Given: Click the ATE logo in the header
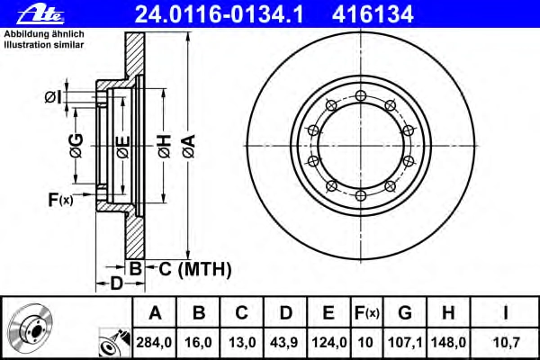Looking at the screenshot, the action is click(x=40, y=14).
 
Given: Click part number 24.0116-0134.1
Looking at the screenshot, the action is click(x=220, y=14).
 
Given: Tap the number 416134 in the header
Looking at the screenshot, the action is click(x=373, y=14).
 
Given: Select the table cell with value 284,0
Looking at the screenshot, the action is click(x=154, y=342).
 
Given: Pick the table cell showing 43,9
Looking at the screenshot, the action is click(x=284, y=342).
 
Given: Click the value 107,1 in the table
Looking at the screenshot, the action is click(x=405, y=342).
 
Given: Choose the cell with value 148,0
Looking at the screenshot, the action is click(x=448, y=342).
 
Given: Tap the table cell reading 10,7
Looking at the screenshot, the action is click(x=505, y=342).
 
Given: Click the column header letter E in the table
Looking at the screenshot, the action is click(x=328, y=312).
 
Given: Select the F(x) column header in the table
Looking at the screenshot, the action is click(x=367, y=313).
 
